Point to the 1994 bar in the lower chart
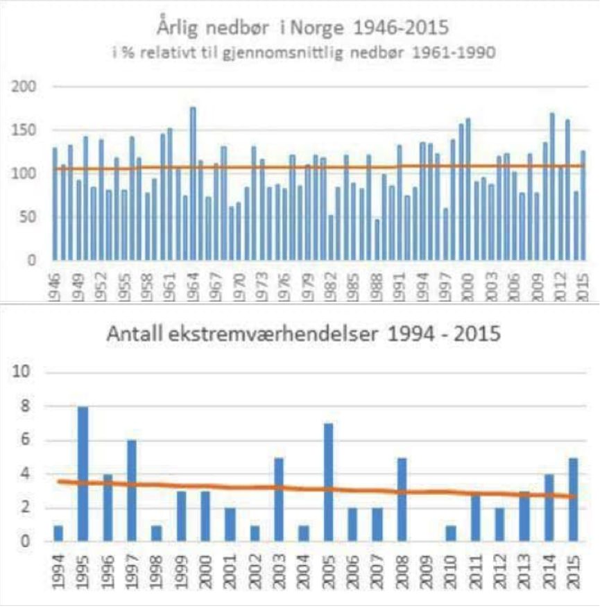point(58,534)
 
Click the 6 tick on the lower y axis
point(22,441)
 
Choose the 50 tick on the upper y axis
point(27,218)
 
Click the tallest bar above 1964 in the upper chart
point(193,184)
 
